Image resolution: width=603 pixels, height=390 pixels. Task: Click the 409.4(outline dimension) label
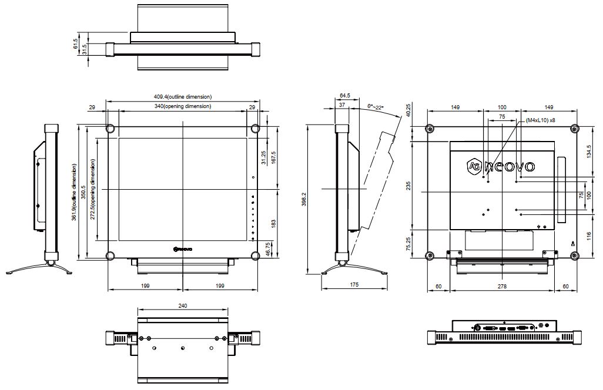click(183, 97)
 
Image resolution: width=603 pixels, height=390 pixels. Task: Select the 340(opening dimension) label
click(183, 106)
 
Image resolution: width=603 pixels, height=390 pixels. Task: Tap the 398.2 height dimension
click(304, 199)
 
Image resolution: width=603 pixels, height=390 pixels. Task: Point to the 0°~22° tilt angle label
click(376, 107)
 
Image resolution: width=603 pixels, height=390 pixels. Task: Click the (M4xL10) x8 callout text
click(541, 120)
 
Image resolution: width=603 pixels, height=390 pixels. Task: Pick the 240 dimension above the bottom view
click(183, 305)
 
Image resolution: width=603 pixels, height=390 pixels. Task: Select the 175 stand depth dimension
click(354, 284)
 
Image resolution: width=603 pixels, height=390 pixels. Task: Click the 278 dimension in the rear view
click(502, 286)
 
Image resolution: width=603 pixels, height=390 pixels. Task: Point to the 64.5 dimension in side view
click(345, 95)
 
